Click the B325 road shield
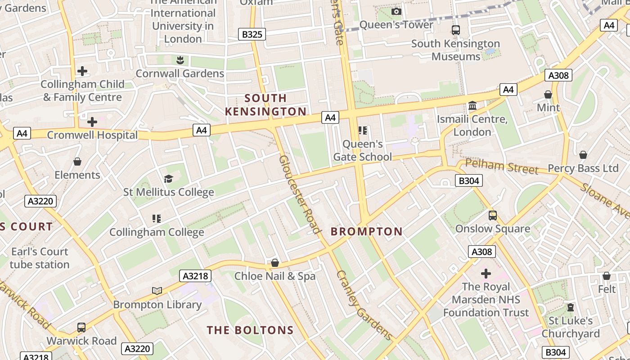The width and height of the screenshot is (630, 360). (x=252, y=34)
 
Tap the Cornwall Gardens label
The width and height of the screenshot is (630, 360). (x=180, y=73)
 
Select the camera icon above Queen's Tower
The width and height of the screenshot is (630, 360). (x=396, y=12)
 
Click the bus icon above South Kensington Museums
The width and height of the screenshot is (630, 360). (x=456, y=30)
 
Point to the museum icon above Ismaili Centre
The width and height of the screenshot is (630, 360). (x=472, y=106)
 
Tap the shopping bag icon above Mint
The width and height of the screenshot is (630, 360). (x=548, y=94)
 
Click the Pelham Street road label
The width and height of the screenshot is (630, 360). (x=502, y=166)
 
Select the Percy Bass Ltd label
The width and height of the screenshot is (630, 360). (x=583, y=168)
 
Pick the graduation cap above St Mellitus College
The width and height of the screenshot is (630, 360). (x=169, y=179)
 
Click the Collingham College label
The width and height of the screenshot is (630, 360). (x=157, y=232)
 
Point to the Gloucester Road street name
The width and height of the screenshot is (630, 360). (x=300, y=194)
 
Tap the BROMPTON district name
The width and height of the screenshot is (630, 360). (x=367, y=231)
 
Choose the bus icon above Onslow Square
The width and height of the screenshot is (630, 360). (x=493, y=216)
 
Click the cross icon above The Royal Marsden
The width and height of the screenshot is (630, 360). (x=486, y=274)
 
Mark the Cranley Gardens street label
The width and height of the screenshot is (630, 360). (x=364, y=305)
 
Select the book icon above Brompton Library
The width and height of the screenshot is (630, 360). (x=157, y=291)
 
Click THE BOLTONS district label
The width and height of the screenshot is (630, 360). (x=250, y=330)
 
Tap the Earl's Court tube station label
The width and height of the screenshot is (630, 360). (x=40, y=258)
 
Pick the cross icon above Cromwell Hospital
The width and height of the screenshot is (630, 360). (x=92, y=122)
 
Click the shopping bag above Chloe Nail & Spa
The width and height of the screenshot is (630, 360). (x=275, y=263)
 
